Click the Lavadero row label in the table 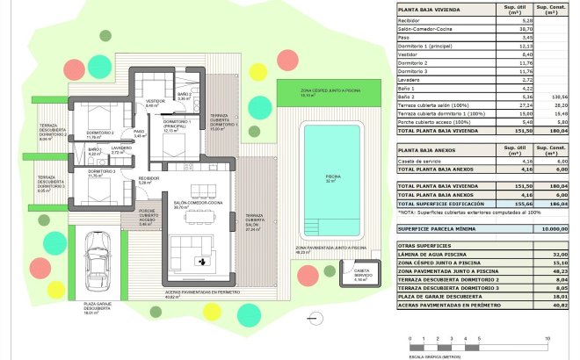tap(410, 80)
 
